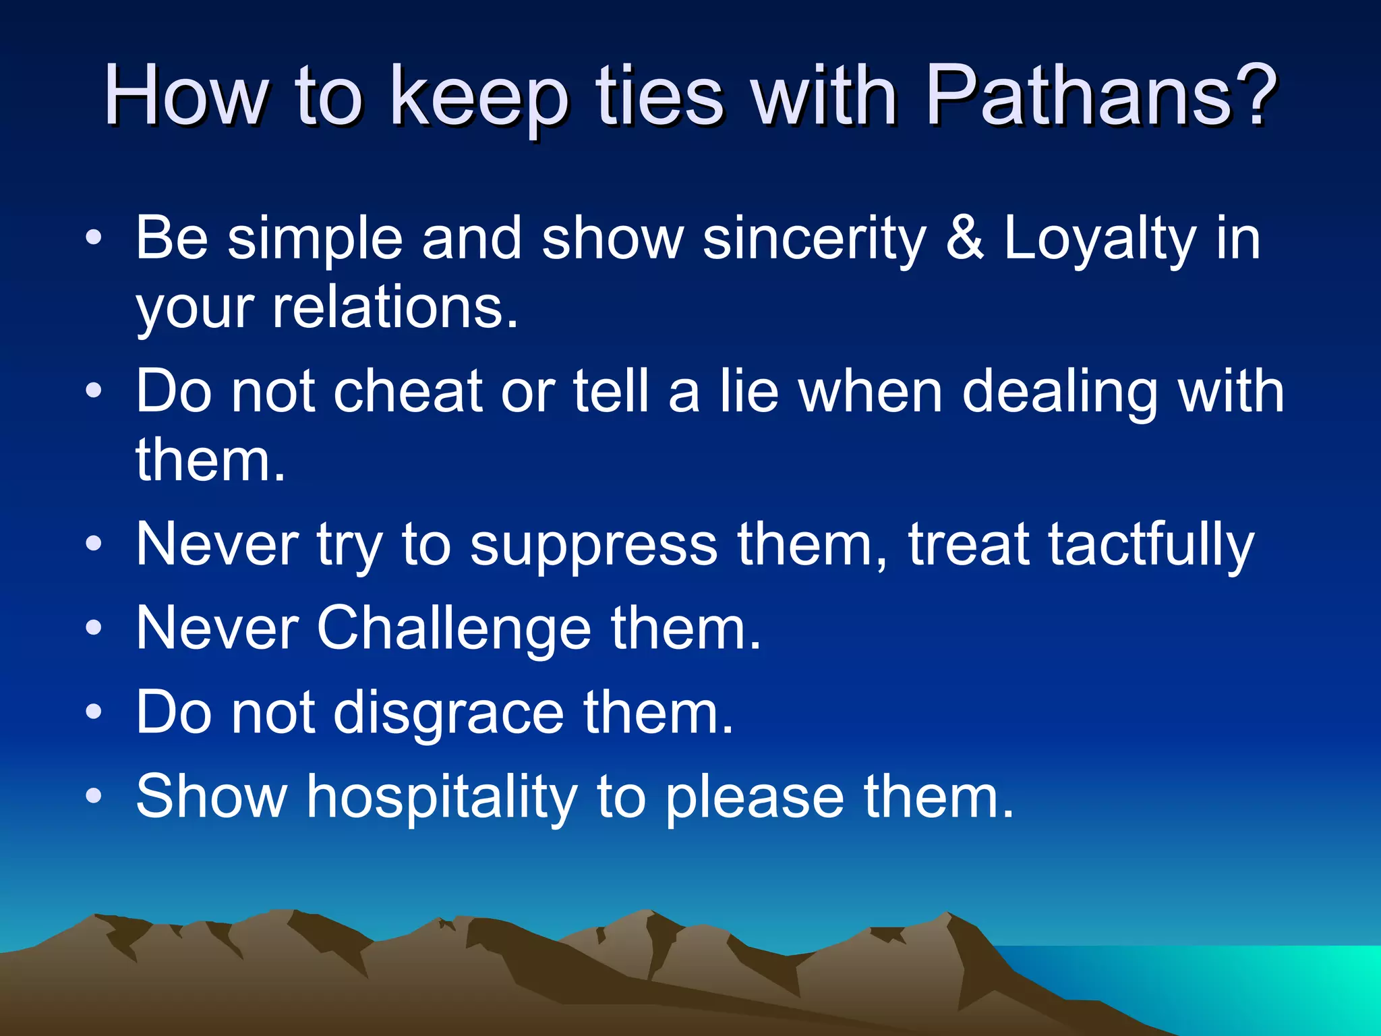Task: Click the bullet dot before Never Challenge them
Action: (x=94, y=629)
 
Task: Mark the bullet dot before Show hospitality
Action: (x=94, y=797)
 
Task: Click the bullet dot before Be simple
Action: (x=94, y=237)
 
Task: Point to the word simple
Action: (x=315, y=240)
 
